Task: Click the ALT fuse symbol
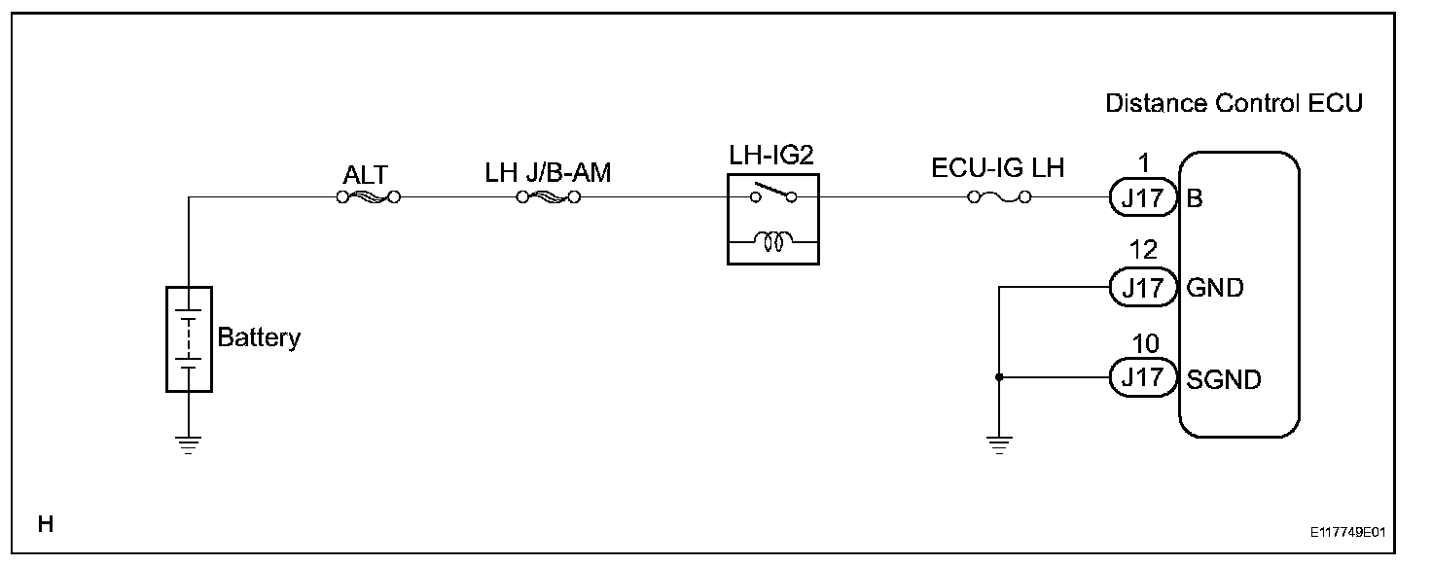point(367,197)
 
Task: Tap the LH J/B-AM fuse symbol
point(548,197)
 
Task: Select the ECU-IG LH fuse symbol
point(999,197)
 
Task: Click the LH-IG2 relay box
point(772,219)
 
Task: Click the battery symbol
point(189,338)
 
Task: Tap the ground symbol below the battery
point(189,446)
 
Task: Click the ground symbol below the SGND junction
point(999,446)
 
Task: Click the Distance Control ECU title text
point(1234,104)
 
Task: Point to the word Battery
point(259,338)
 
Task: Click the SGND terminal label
point(1223,378)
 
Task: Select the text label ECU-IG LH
point(998,167)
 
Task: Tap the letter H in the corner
point(45,525)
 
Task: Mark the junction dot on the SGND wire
point(999,377)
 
